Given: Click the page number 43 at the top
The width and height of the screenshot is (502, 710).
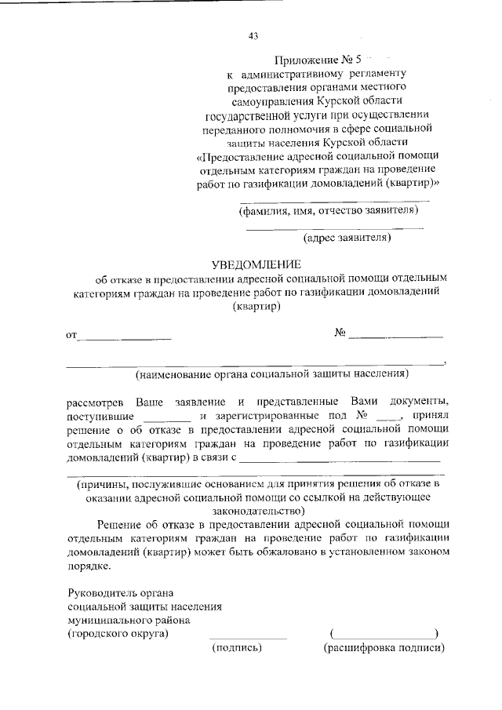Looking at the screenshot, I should click(x=253, y=36).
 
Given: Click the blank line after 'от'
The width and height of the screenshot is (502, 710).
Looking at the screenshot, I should click(x=125, y=337).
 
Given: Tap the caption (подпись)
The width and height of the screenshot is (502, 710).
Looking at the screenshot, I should click(x=237, y=648).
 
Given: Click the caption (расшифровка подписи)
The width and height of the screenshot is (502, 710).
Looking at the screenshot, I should click(x=384, y=648).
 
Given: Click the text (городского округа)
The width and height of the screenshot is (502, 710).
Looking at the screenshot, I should click(x=118, y=632).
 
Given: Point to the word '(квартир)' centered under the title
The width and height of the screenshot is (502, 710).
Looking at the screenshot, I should click(x=257, y=307).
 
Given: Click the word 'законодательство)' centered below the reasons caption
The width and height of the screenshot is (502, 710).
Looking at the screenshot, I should click(x=256, y=509).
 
